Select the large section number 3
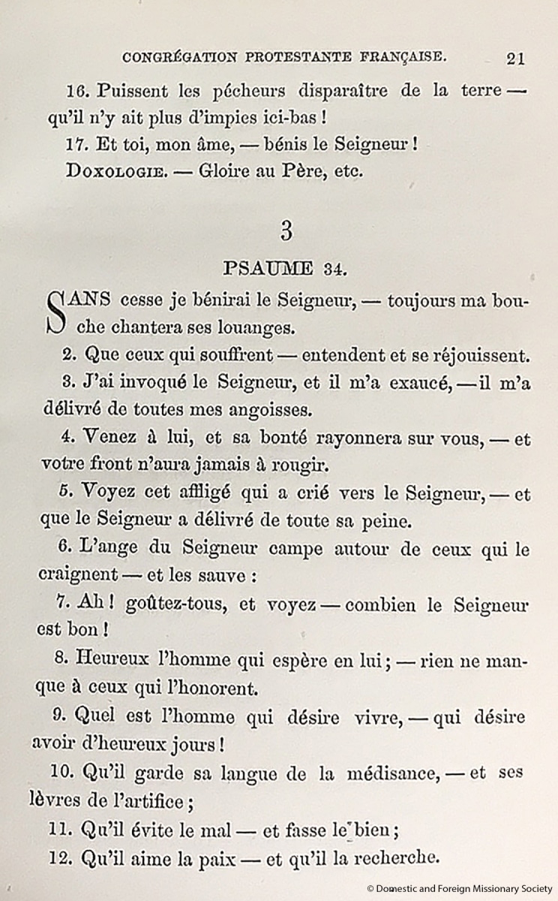coord(286,231)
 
